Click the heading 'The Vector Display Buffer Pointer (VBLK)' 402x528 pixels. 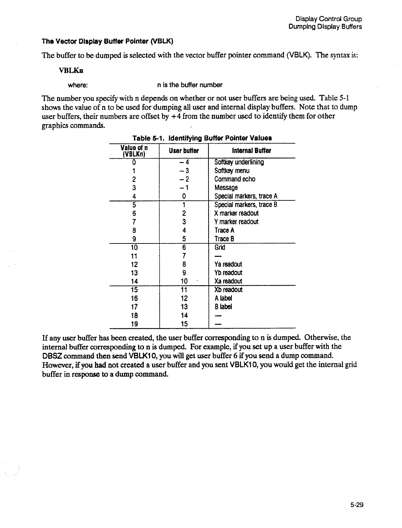point(107,42)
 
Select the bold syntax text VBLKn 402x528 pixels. point(71,70)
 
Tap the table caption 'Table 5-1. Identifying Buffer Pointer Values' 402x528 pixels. point(202,138)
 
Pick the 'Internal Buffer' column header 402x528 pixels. point(251,151)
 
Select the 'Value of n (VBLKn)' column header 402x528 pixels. point(134,151)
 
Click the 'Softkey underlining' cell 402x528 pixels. point(239,162)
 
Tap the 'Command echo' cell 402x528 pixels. point(234,179)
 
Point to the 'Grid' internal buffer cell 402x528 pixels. point(220,247)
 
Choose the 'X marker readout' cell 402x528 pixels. point(236,213)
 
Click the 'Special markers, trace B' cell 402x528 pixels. point(245,204)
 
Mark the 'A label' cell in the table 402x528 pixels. point(223,298)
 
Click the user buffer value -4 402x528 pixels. point(184,162)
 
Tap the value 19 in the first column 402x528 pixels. point(134,324)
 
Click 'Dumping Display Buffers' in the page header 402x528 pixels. point(325,27)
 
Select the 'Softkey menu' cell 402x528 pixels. point(232,171)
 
